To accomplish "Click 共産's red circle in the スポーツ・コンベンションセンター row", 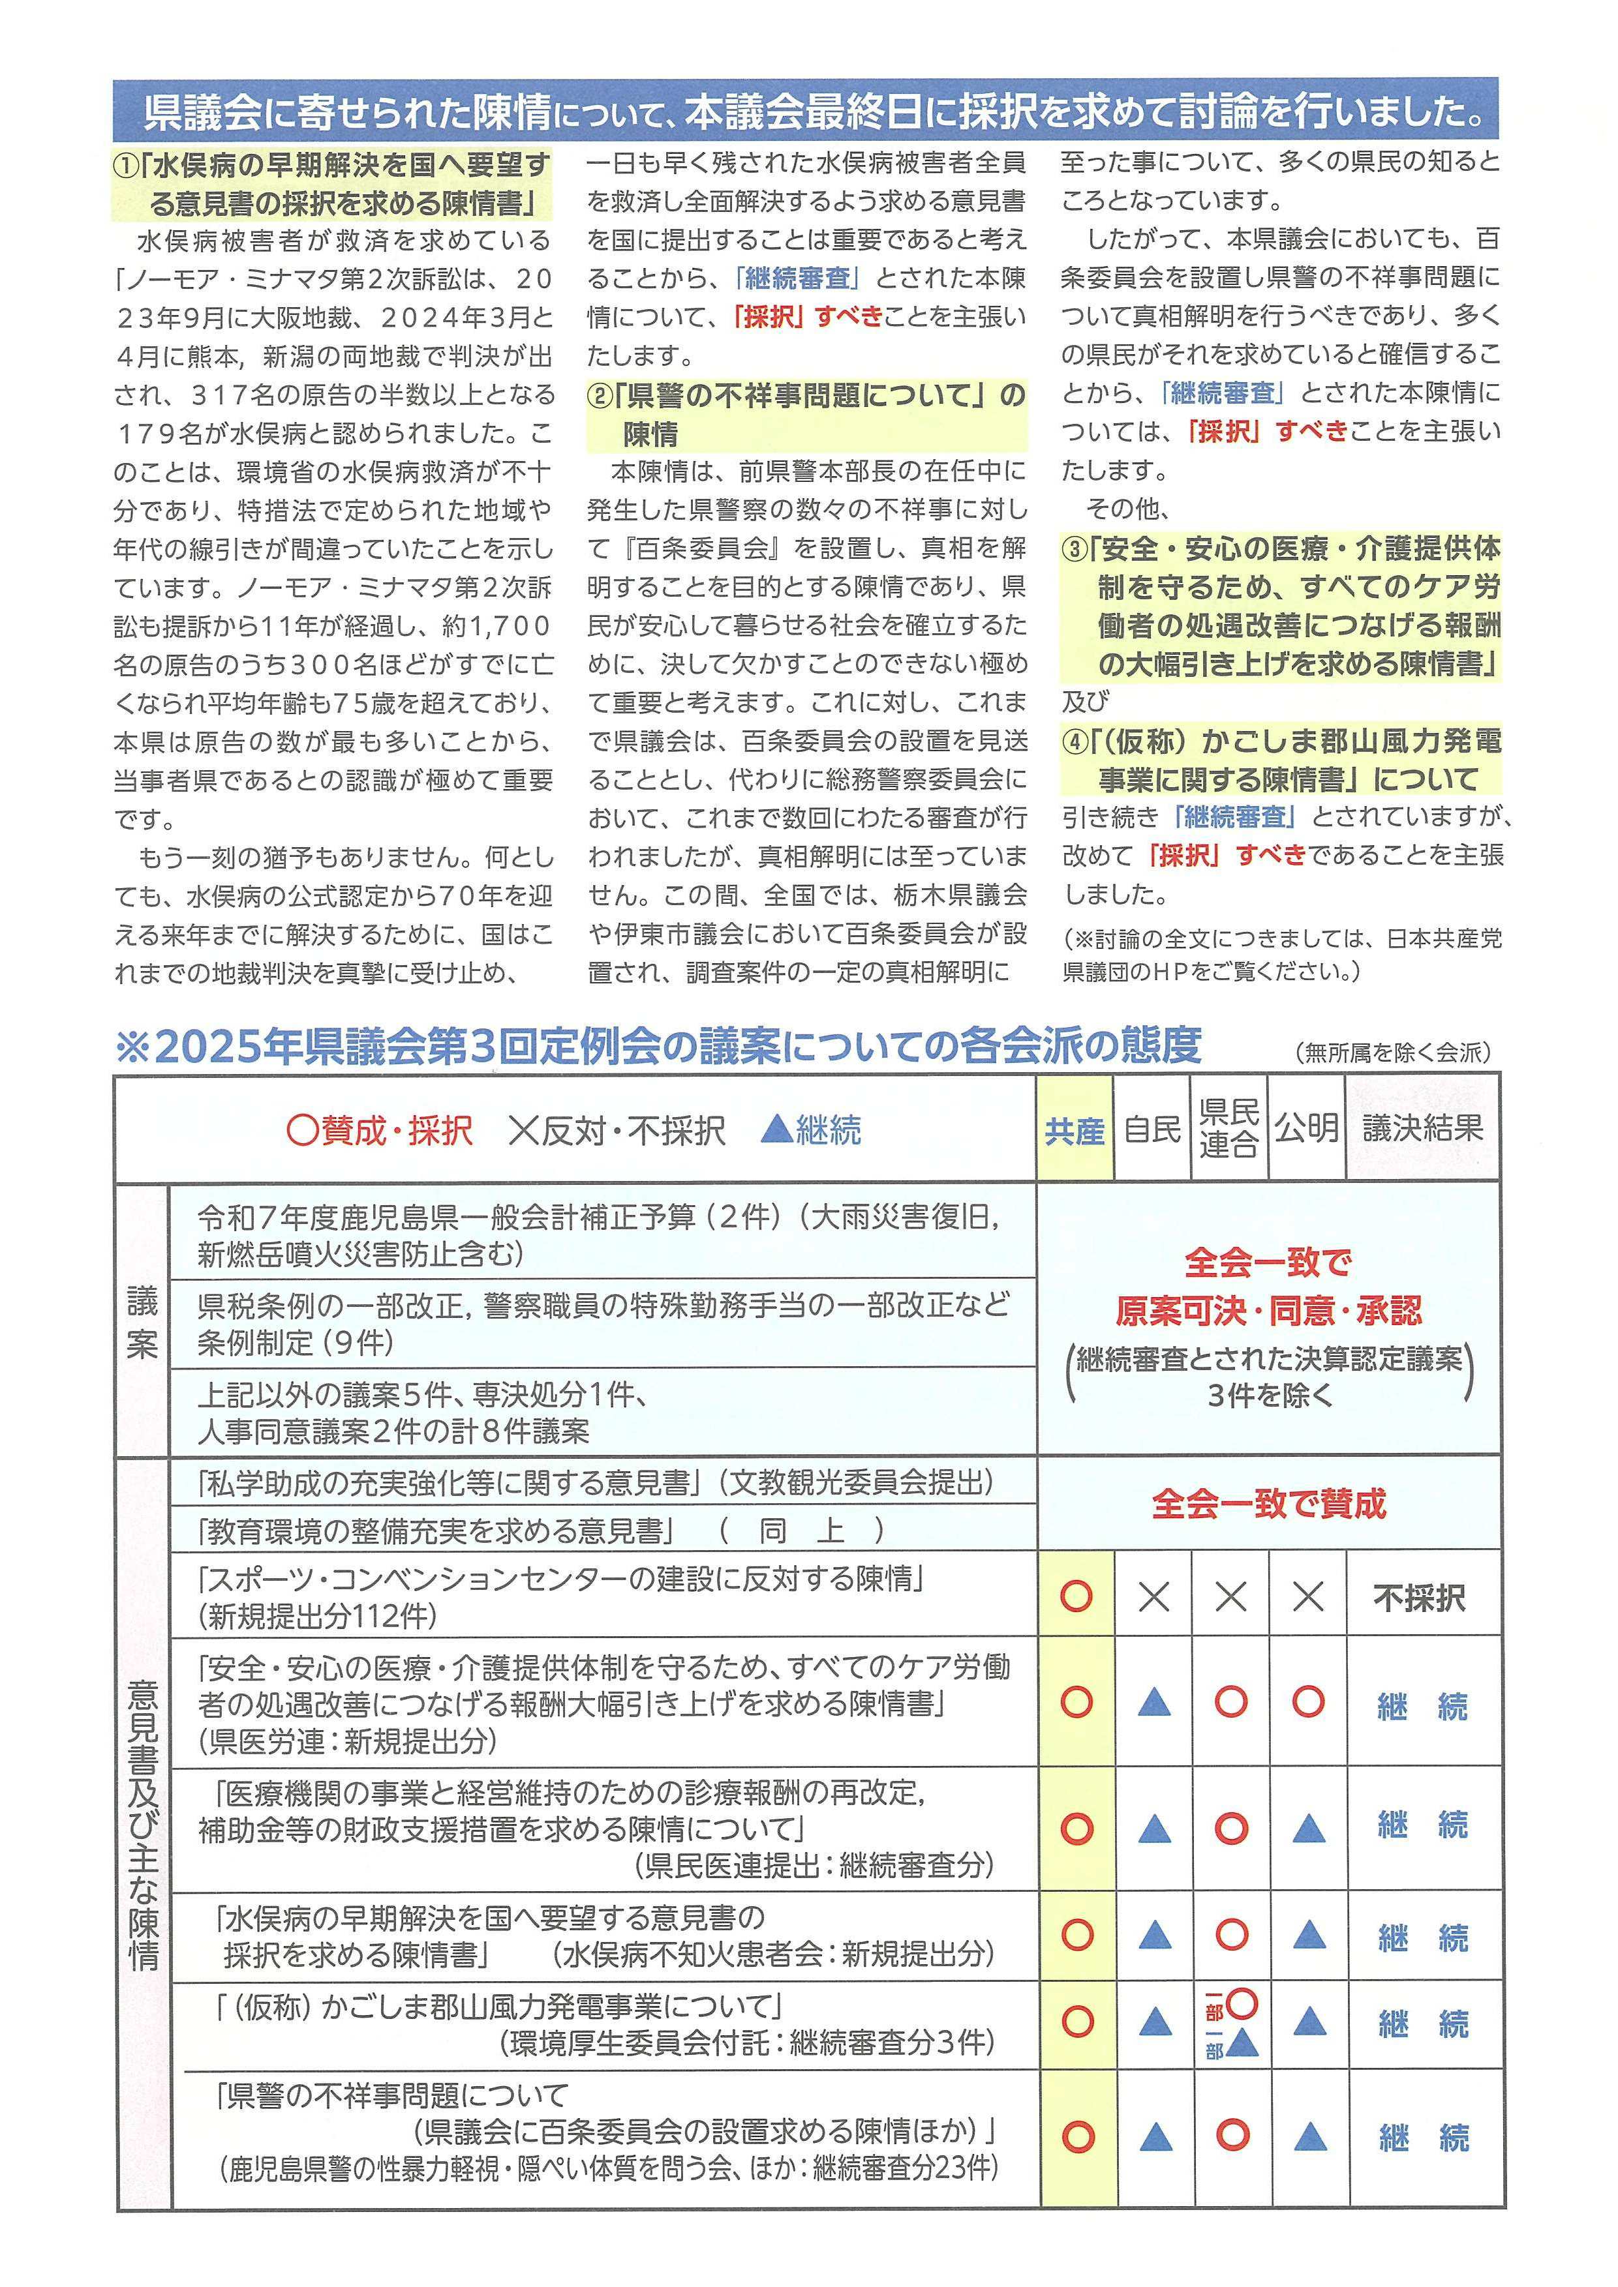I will pos(1076,1596).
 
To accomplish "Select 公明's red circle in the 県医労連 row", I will pos(1307,1702).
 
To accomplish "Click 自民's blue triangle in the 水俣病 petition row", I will pos(1153,1936).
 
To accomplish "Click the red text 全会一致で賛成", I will pos(1268,1503).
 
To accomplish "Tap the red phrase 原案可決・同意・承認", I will pos(1268,1311).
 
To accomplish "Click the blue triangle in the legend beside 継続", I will pos(776,1129).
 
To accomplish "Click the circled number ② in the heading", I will pos(599,396).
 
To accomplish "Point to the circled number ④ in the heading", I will pos(1074,741).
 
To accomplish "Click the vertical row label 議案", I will pos(142,1322).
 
